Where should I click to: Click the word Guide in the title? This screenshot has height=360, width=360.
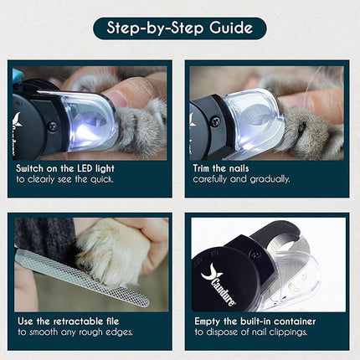(x=231, y=28)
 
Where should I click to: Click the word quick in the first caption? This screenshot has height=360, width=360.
(x=101, y=179)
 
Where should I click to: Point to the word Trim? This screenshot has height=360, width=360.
(x=202, y=168)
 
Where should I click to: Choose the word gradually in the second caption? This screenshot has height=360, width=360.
(x=270, y=179)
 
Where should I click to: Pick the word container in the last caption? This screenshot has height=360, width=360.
(x=295, y=321)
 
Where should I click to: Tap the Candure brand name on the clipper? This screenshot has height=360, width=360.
(x=223, y=291)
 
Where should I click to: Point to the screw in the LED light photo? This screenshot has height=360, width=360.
(x=53, y=126)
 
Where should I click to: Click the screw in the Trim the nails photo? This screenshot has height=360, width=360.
(x=214, y=121)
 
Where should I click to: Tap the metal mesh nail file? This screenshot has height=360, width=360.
(x=82, y=277)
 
